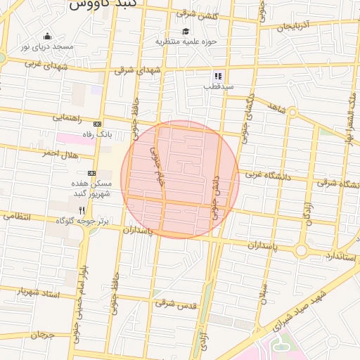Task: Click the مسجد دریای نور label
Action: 46,46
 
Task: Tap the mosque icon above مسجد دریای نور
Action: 47,36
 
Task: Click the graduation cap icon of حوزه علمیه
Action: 186,31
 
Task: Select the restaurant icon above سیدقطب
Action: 218,75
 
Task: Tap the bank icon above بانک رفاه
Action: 97,123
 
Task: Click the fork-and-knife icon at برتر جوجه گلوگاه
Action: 82,210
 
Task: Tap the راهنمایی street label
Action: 67,118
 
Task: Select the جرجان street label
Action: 41,335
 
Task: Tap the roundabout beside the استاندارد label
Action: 302,250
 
